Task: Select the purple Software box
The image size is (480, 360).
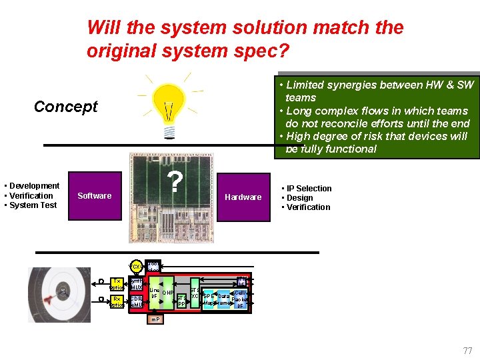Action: (x=94, y=196)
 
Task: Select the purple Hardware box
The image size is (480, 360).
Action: (x=243, y=197)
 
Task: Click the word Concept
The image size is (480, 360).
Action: (x=65, y=107)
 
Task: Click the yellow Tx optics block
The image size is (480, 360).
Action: (x=117, y=284)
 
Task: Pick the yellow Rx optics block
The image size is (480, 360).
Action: (x=117, y=301)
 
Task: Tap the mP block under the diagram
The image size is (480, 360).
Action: (x=154, y=319)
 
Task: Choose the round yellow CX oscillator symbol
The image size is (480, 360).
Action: (x=135, y=267)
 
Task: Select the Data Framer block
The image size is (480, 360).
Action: (x=224, y=299)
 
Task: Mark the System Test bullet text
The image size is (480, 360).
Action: (x=33, y=205)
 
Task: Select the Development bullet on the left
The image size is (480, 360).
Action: (x=33, y=186)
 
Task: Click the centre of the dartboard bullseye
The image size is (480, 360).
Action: (x=63, y=291)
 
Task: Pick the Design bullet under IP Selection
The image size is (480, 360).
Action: (x=301, y=198)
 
